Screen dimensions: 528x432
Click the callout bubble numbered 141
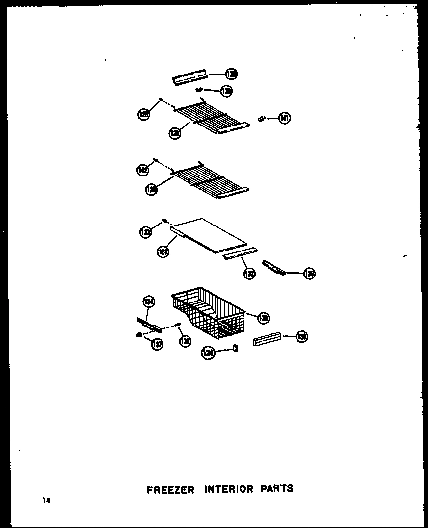click(x=284, y=118)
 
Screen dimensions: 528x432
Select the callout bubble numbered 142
click(x=142, y=170)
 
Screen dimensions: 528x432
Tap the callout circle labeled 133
click(x=145, y=232)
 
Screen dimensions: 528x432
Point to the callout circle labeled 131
click(x=162, y=251)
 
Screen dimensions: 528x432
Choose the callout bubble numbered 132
click(x=249, y=274)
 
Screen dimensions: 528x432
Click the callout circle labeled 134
click(x=149, y=302)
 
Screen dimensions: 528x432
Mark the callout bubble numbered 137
click(x=157, y=344)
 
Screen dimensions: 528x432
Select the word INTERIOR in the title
click(x=229, y=489)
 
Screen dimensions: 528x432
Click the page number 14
click(x=46, y=501)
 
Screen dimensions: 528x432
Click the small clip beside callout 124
click(x=236, y=348)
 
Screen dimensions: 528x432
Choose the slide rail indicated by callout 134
click(x=148, y=324)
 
